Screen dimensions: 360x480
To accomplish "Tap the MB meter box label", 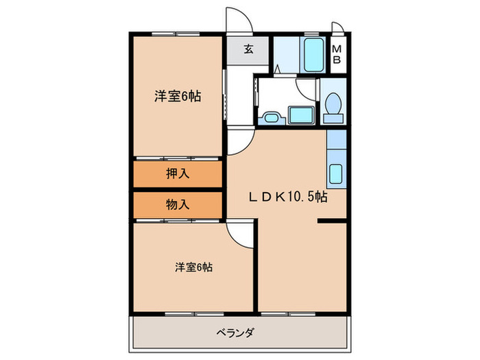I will coord(337,53).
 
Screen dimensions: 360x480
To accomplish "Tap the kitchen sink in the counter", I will coord(336,174).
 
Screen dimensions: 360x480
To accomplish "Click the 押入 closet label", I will coord(178,174).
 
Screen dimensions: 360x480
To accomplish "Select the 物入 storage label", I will coord(178,204).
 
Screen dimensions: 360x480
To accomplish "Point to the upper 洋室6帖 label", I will coord(177,97).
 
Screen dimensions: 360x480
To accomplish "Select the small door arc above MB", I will coord(337,27).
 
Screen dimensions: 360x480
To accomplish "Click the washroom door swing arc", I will coord(304,89).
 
